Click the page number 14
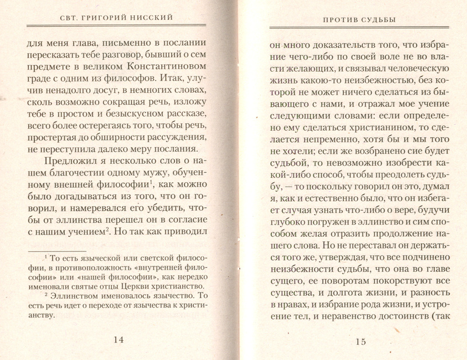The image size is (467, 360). (x=119, y=340)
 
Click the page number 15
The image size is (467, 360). (x=360, y=341)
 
